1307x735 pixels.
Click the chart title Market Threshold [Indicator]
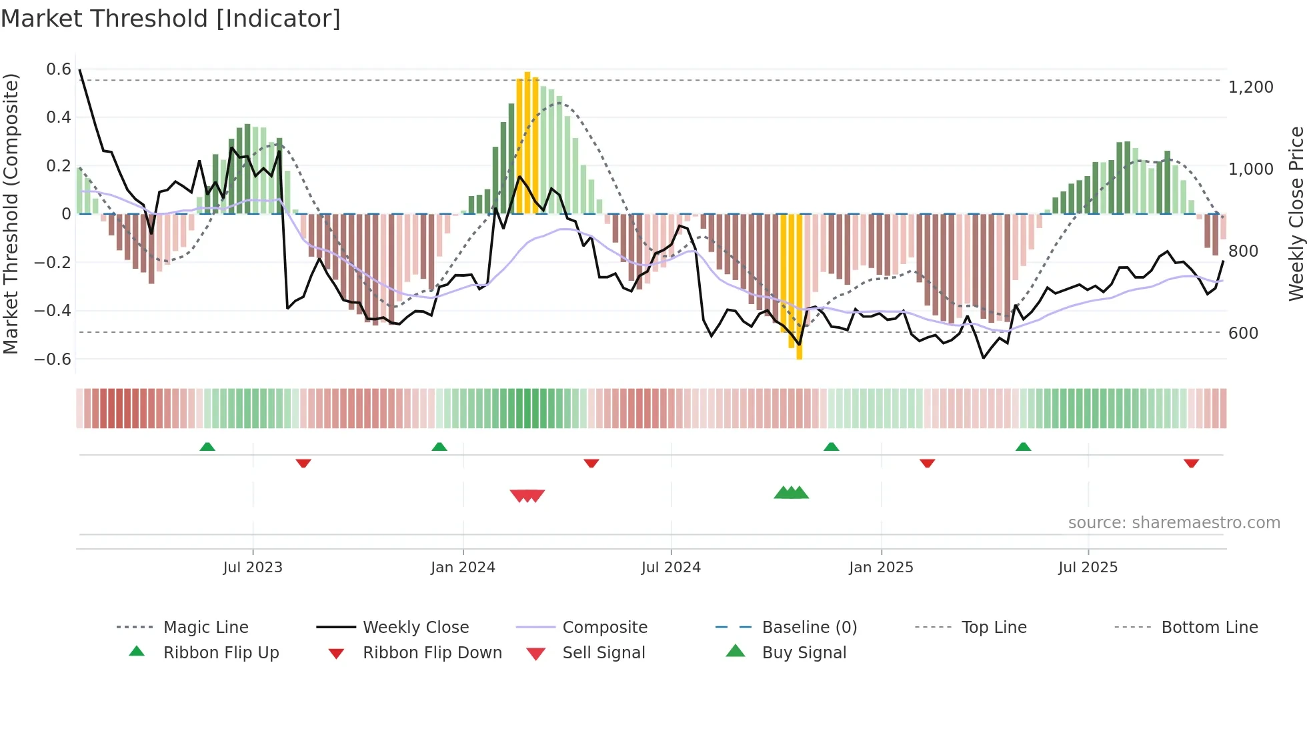click(x=171, y=19)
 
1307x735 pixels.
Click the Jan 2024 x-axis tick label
click(x=463, y=567)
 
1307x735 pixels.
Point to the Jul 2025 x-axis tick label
click(x=1088, y=567)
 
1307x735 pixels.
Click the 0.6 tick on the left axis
click(x=59, y=69)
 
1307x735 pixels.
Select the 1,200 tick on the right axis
click(x=1250, y=87)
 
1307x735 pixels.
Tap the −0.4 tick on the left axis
click(x=53, y=310)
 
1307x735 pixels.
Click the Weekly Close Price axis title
click(x=1296, y=213)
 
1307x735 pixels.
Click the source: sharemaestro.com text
click(x=1174, y=522)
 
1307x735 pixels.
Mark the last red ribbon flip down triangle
click(x=1191, y=463)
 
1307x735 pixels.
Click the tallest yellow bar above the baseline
click(x=527, y=143)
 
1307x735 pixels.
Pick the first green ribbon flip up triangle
click(x=207, y=447)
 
